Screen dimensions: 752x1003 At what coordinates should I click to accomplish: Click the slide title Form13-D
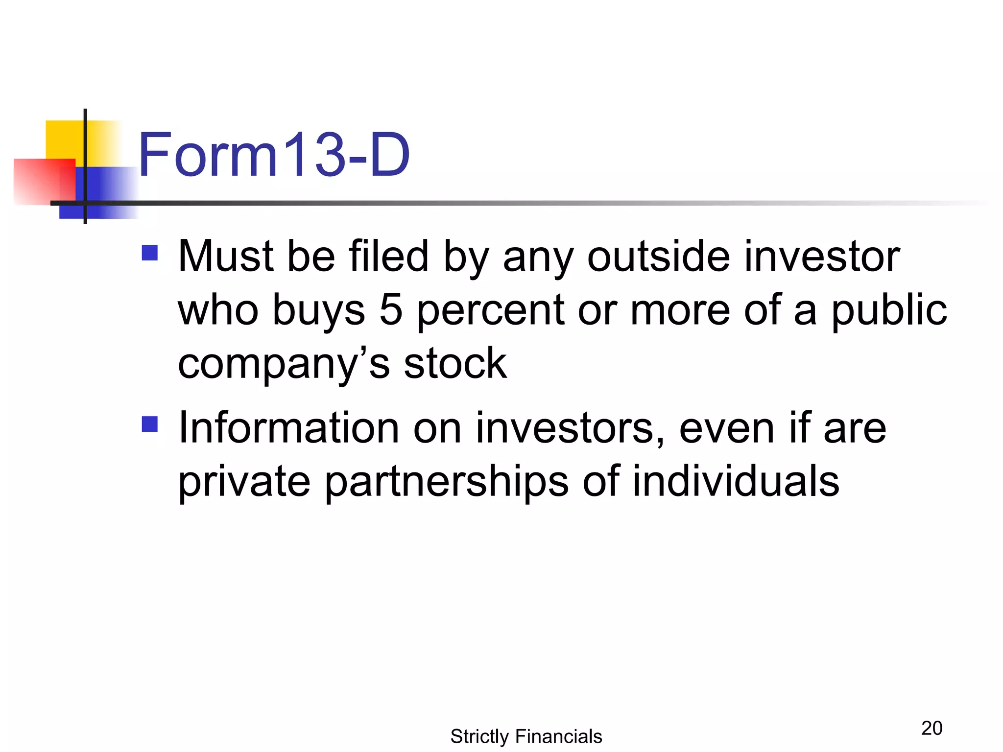coord(274,155)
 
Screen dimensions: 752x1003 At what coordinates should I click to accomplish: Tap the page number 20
coord(931,728)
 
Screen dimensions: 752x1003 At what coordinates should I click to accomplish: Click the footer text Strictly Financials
coord(526,736)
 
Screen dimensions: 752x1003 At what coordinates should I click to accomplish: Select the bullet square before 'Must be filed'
coord(149,253)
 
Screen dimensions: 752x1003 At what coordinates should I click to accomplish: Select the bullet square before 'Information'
coord(149,424)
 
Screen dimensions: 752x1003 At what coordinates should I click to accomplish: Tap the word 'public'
coord(889,310)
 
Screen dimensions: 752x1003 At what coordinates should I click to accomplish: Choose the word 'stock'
coord(455,363)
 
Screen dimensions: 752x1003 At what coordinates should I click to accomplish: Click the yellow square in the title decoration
coord(64,139)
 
